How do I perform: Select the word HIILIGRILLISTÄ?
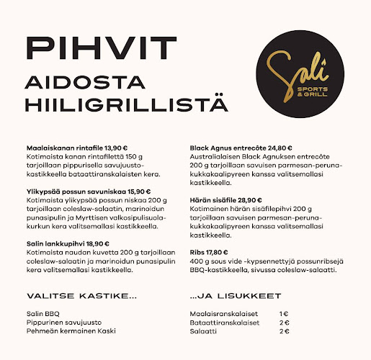coord(126,103)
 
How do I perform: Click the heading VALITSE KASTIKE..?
coord(81,296)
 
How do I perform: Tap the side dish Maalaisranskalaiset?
coord(221,314)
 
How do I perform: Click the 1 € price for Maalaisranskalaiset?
coord(284,314)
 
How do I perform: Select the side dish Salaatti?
coord(202,331)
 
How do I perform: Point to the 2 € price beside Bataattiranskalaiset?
coord(284,323)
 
